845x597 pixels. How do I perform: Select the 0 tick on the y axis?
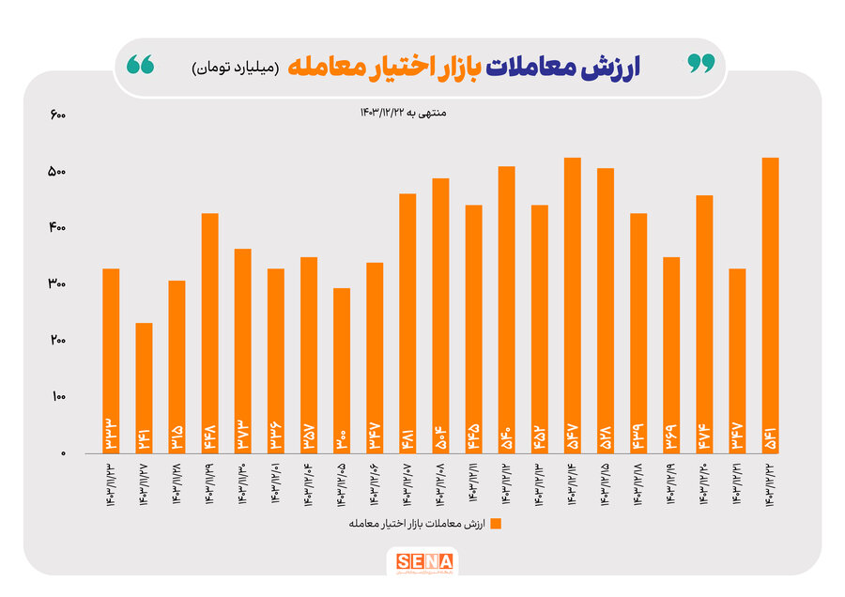[x=62, y=453]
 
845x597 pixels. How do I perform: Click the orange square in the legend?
[x=495, y=523]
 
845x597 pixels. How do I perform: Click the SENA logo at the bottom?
[x=422, y=562]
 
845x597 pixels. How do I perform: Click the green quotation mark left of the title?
[x=141, y=66]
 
